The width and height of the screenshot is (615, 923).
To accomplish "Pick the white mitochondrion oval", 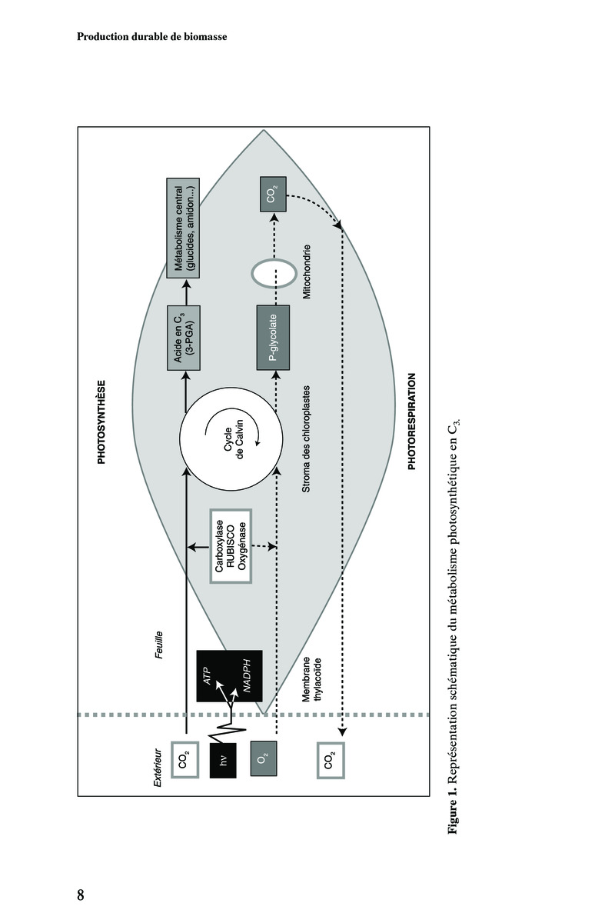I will [274, 272].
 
